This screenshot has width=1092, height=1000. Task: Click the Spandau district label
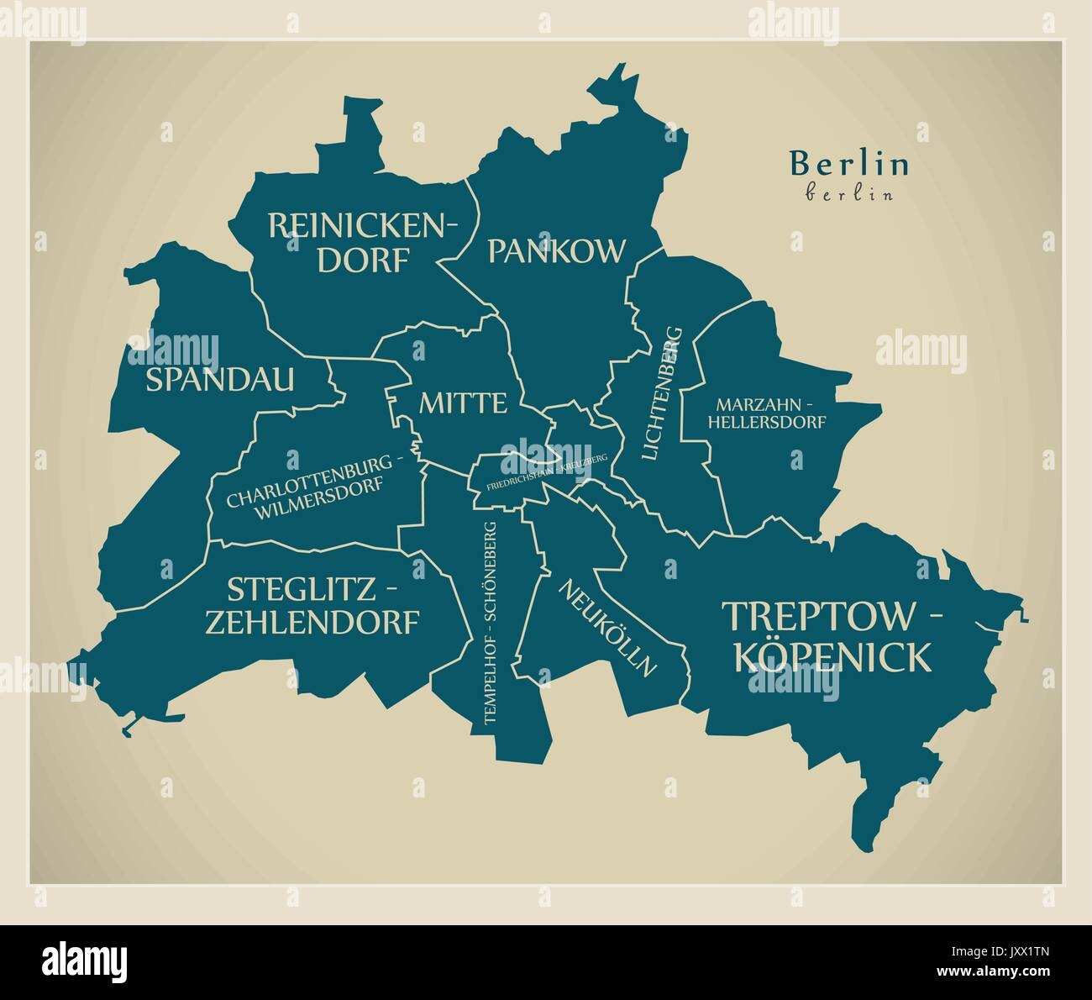tap(220, 380)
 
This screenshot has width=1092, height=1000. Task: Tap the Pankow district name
tap(557, 250)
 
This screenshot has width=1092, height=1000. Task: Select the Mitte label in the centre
tap(464, 403)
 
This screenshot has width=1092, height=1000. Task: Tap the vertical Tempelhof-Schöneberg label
tap(490, 622)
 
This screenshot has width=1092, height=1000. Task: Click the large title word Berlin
tap(849, 164)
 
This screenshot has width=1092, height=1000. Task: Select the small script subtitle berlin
tap(837, 193)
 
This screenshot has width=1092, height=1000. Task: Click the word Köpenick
tap(832, 656)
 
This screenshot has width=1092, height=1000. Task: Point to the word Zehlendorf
tap(312, 623)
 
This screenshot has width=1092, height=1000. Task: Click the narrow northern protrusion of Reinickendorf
tap(359, 126)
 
